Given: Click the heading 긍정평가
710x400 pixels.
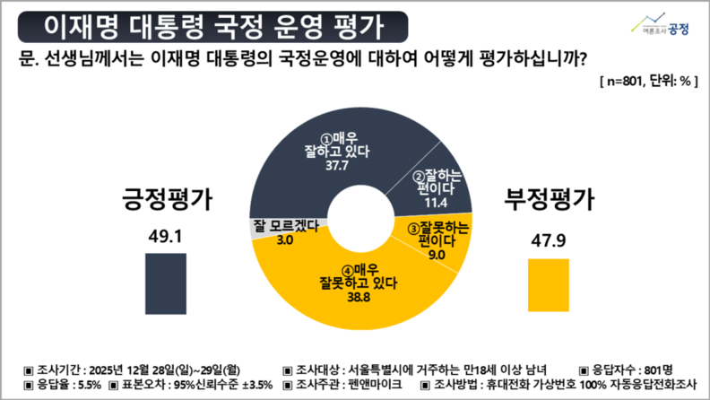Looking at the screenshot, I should pyautogui.click(x=166, y=199).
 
